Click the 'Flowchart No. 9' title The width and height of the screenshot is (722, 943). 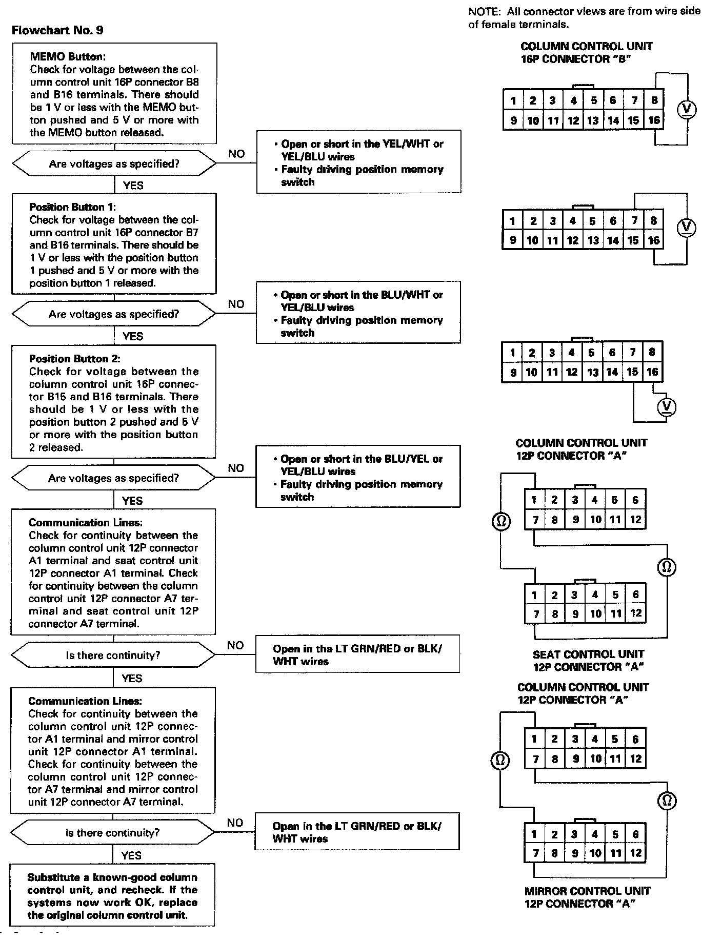point(57,30)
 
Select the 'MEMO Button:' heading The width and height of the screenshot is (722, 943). point(68,56)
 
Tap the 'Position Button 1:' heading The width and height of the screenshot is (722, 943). point(73,207)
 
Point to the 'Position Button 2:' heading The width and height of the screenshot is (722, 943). point(75,359)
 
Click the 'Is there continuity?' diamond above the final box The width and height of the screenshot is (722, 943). point(113,833)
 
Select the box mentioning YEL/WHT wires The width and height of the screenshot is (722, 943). point(358,162)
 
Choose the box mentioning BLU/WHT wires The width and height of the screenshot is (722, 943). point(358,313)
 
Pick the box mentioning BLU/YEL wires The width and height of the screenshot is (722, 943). point(358,477)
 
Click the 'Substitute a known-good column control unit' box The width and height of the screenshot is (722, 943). point(112,896)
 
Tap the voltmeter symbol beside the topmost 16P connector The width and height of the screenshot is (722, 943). point(687,109)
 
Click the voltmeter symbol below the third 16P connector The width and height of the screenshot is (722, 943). point(666,407)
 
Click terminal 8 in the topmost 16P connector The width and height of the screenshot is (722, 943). point(654,100)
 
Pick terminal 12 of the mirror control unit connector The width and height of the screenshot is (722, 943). point(635,853)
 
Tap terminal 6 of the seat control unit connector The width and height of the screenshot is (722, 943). point(635,594)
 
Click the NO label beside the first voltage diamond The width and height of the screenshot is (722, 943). point(236,154)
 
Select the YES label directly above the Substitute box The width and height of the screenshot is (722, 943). point(131,855)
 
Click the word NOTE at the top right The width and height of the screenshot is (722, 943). point(484,11)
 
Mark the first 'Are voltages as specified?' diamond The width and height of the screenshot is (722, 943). point(114,164)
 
